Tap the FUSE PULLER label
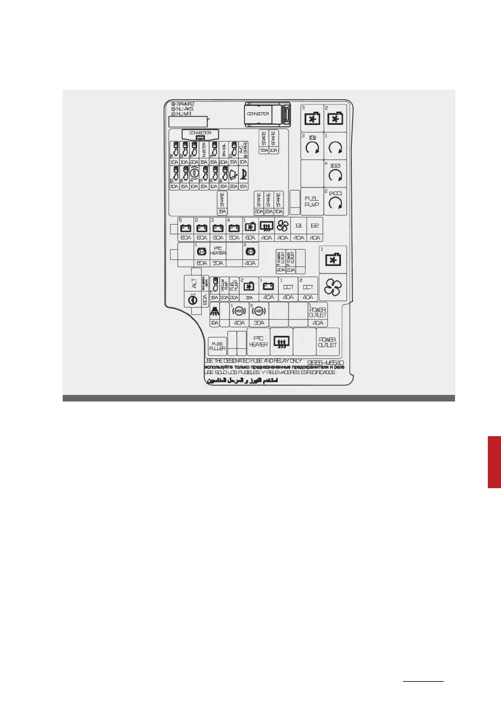click(217, 345)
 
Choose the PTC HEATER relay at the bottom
click(258, 341)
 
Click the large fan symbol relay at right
click(333, 289)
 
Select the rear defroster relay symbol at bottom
click(281, 342)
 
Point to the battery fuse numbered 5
click(185, 228)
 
